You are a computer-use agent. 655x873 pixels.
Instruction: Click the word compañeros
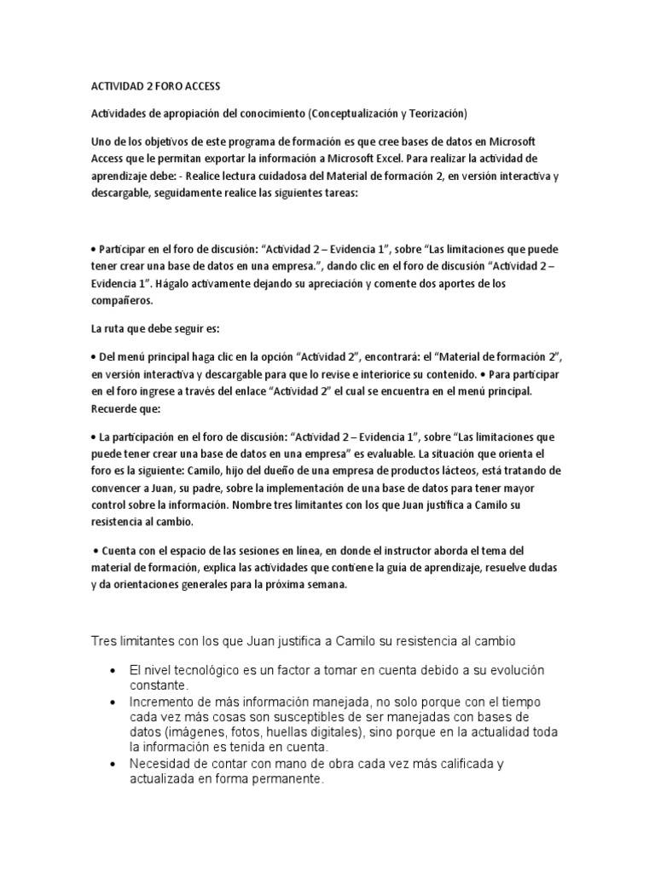pos(120,301)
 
